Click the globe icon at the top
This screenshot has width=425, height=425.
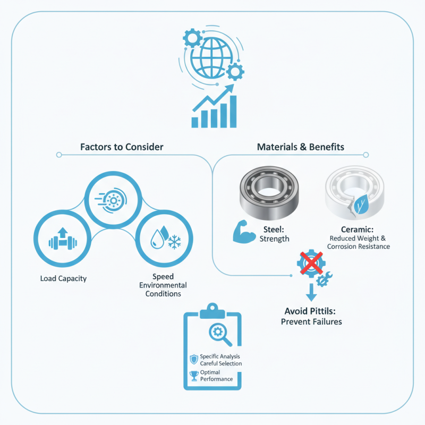coord(211,57)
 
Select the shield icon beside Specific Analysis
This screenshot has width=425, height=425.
coord(193,359)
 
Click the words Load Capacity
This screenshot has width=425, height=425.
coord(63,278)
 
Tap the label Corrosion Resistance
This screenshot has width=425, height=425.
coord(359,246)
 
